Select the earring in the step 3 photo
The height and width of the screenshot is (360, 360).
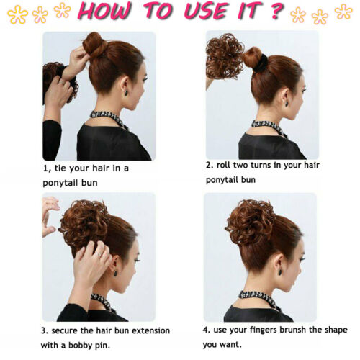[114, 272]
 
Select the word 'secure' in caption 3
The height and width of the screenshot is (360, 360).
[70, 330]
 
